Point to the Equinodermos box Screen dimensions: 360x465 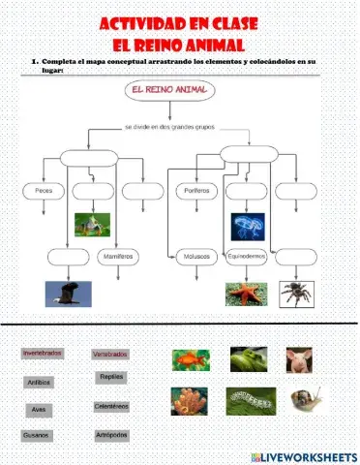(x=245, y=257)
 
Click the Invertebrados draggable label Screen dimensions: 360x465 (x=43, y=354)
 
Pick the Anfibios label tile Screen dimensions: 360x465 (x=40, y=383)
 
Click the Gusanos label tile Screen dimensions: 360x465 (x=39, y=435)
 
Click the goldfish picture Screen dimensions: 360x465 (x=191, y=360)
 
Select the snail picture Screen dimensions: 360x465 (x=308, y=398)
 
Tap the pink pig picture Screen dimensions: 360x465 (x=299, y=360)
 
